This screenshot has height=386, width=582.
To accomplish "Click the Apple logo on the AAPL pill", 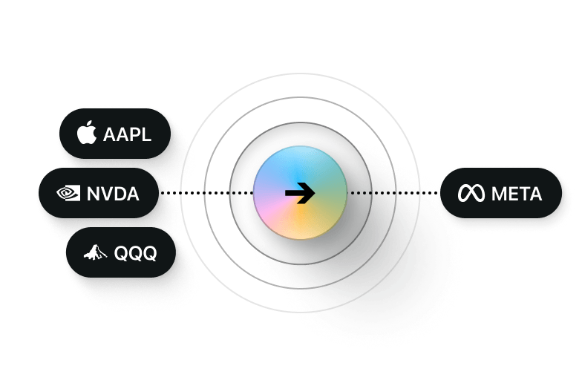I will click(x=87, y=134).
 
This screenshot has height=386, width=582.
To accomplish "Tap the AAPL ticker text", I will click(x=127, y=135).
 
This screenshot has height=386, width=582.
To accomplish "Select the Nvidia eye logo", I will click(x=68, y=194).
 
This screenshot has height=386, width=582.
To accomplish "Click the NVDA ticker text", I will click(x=113, y=194).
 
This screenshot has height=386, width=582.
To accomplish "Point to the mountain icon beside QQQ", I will click(x=94, y=253).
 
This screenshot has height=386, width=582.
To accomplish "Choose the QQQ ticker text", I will click(x=135, y=254).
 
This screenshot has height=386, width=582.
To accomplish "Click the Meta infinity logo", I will click(x=470, y=194).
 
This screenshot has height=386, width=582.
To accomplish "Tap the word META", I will click(x=516, y=194).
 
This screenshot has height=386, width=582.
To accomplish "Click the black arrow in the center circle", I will click(x=300, y=193).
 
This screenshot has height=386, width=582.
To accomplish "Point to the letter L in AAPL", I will click(x=146, y=135).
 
